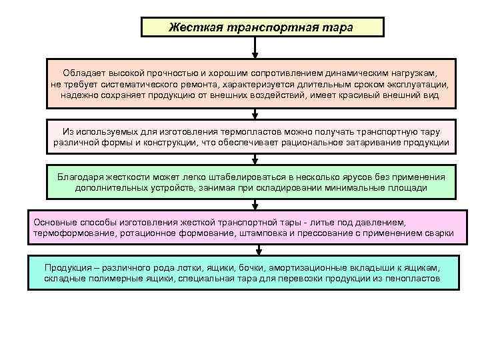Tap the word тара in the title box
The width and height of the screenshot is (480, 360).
(339, 27)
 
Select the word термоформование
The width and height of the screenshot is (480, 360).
(73, 233)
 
